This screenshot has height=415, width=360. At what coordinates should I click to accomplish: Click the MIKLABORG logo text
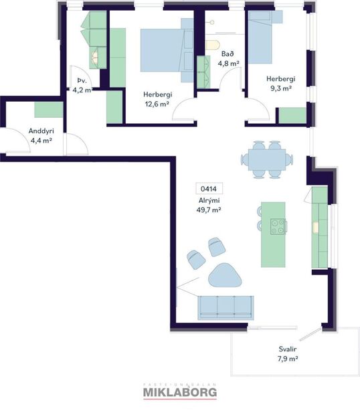click(179, 394)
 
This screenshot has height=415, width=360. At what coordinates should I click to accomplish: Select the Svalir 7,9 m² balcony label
click(288, 354)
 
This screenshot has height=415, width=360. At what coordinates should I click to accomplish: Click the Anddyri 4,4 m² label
click(41, 136)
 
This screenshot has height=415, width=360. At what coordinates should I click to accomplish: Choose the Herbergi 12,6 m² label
click(155, 99)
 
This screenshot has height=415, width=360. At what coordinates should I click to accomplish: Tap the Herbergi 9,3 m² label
click(279, 83)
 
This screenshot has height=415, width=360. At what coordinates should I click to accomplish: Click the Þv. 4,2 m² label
click(80, 84)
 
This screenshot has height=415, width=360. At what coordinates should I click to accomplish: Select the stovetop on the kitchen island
click(276, 227)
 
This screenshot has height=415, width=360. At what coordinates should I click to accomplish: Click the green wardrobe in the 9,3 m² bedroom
click(292, 115)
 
